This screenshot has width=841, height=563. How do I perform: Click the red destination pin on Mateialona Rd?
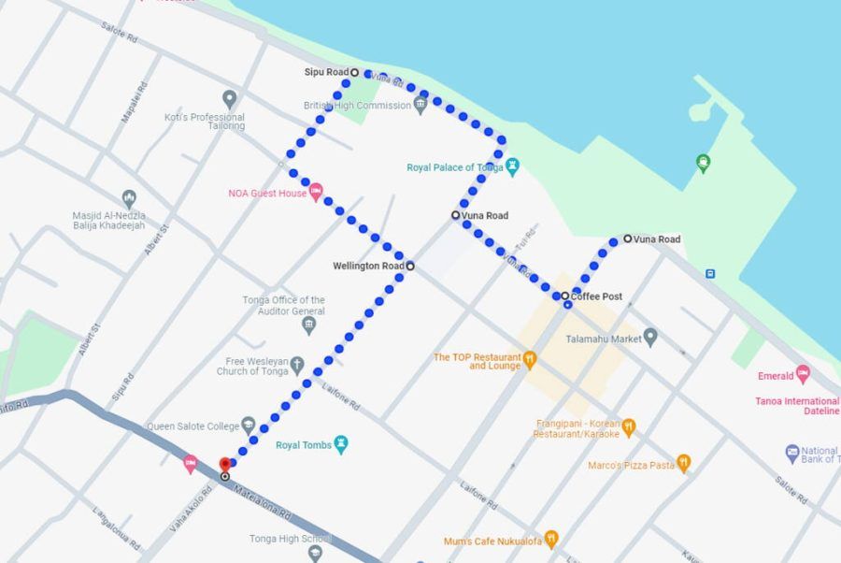click(224, 464)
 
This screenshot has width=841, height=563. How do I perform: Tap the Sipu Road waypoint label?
click(326, 72)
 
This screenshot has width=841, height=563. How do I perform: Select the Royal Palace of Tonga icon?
click(512, 167)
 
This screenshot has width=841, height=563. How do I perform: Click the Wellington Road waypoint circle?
click(410, 267)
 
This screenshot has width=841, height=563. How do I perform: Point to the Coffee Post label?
click(597, 296)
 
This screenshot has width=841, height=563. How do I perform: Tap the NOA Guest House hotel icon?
click(316, 193)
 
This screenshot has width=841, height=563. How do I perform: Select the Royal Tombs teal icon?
click(341, 444)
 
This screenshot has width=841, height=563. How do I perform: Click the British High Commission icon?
click(420, 105)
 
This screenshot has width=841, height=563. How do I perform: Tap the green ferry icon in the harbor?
click(703, 164)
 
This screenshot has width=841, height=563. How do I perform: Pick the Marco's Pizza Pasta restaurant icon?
click(683, 464)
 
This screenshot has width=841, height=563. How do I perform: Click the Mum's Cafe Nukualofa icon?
click(550, 539)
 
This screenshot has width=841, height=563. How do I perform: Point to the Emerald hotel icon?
click(802, 375)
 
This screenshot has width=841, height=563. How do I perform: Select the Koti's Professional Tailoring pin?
click(230, 99)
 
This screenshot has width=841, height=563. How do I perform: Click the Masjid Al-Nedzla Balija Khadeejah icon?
click(129, 198)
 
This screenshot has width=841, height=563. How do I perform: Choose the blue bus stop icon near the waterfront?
click(710, 274)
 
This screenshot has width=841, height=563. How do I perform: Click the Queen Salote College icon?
click(249, 426)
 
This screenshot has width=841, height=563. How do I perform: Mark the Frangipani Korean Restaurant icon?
click(629, 427)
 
